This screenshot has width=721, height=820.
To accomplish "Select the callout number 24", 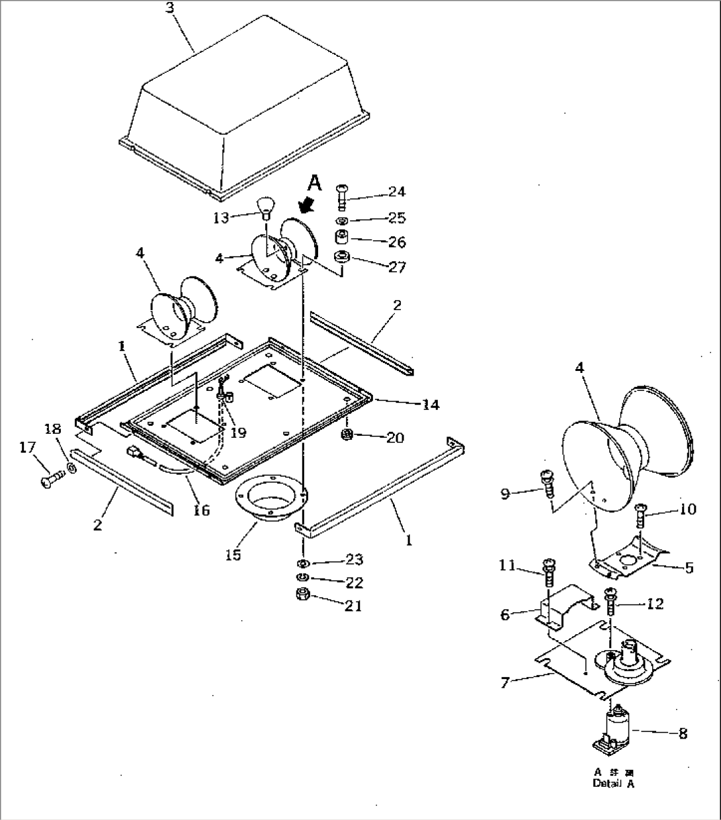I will point(397,192).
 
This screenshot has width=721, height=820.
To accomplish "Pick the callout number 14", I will point(431,405).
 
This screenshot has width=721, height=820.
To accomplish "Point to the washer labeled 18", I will point(71,470).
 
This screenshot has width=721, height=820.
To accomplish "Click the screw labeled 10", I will point(641,514).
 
